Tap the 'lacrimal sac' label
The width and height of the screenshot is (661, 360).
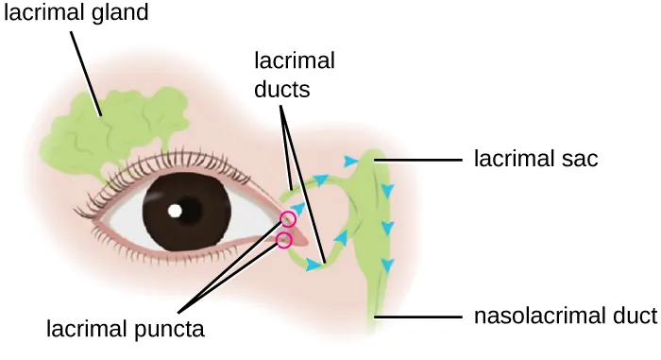pyautogui.click(x=535, y=159)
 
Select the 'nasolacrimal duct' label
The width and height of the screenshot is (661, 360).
pyautogui.click(x=564, y=316)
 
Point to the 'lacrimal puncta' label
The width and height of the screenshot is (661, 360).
pyautogui.click(x=126, y=329)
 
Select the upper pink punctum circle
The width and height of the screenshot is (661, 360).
pyautogui.click(x=288, y=220)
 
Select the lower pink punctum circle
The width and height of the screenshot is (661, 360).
pyautogui.click(x=282, y=241)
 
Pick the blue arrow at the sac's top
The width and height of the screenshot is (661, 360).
pyautogui.click(x=352, y=162)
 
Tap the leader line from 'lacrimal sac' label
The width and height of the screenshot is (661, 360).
pyautogui.click(x=422, y=160)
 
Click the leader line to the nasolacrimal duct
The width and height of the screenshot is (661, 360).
pyautogui.click(x=420, y=317)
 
